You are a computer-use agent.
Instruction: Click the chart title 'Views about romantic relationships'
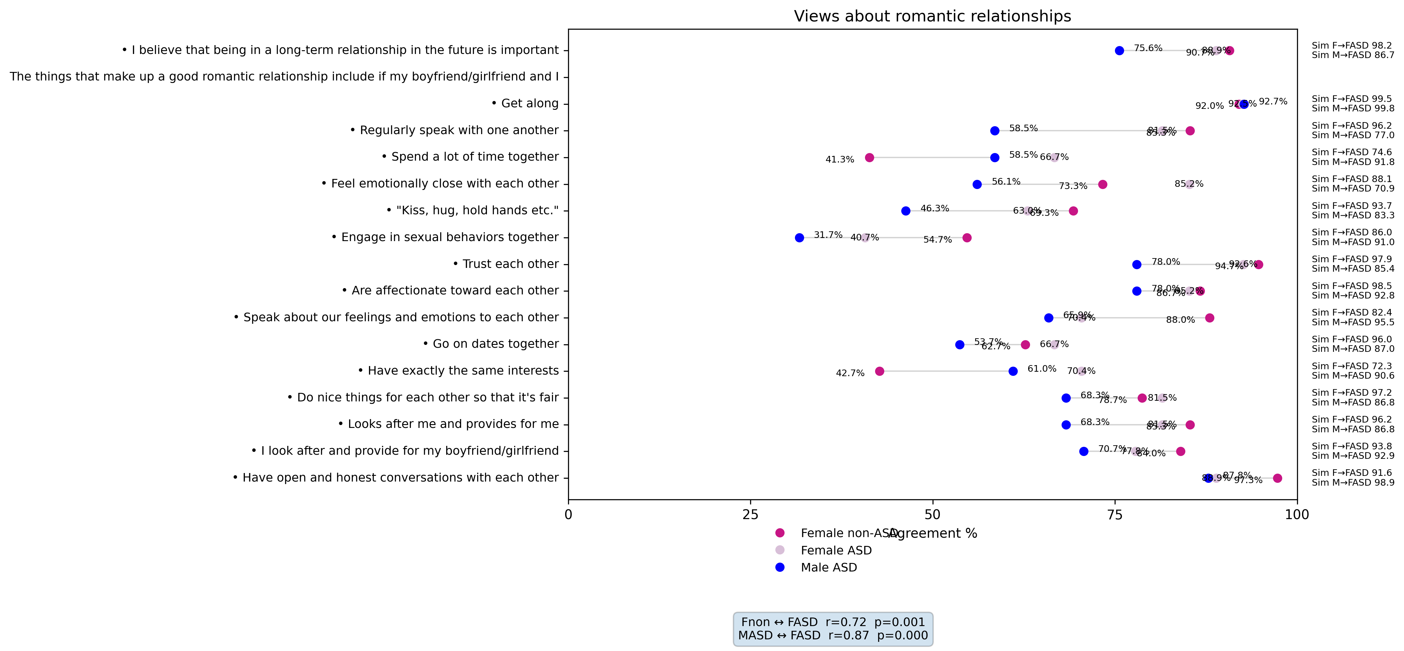click(x=932, y=16)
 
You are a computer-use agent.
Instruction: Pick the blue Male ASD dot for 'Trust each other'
click(x=1136, y=264)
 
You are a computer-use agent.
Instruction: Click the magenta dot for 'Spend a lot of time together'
click(x=869, y=157)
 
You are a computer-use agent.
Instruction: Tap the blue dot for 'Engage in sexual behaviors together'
click(x=799, y=238)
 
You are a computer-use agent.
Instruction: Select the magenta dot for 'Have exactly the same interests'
click(x=879, y=371)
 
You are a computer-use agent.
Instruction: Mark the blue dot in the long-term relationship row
click(x=1119, y=51)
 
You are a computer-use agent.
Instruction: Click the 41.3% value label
click(x=839, y=160)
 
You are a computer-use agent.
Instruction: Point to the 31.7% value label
click(x=828, y=235)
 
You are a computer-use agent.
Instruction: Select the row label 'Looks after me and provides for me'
click(x=448, y=424)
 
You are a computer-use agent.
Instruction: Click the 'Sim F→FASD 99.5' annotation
click(x=1352, y=99)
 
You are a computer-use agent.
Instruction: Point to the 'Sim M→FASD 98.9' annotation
click(x=1353, y=482)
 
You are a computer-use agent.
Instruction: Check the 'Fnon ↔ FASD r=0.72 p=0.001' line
click(x=833, y=622)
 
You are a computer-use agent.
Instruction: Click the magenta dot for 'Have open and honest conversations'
click(x=1277, y=478)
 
